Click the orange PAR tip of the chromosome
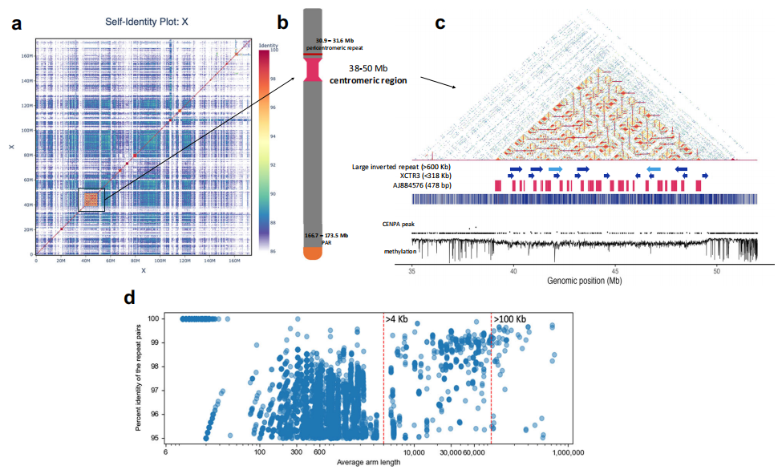tap(312, 253)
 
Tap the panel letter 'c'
tap(440, 22)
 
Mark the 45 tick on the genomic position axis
tap(614, 271)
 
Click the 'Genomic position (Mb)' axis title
tap(585, 282)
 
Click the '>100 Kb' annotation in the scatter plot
tap(509, 319)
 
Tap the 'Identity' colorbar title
tap(267, 46)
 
